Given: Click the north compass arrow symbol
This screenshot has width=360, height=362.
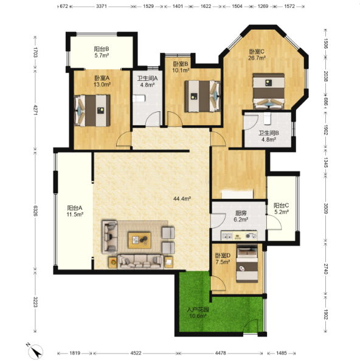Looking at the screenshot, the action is [35, 350].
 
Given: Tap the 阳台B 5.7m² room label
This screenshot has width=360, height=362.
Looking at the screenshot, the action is [102, 52].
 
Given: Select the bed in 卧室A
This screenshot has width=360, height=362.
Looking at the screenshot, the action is [92, 111].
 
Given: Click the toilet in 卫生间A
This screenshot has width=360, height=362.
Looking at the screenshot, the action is [139, 99].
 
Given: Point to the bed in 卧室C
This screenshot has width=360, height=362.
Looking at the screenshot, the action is [268, 91].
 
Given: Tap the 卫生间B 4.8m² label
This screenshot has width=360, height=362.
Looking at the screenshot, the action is [269, 136].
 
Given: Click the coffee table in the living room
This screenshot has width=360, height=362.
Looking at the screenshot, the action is [140, 240].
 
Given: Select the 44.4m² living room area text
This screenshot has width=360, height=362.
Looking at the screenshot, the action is [182, 198].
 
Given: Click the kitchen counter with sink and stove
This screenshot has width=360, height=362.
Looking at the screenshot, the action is [239, 235].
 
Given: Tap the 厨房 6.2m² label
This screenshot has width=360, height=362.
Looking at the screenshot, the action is [241, 216].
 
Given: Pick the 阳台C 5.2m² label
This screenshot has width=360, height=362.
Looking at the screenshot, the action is [282, 209].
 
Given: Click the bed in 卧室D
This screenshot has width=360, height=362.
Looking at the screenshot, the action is [247, 263].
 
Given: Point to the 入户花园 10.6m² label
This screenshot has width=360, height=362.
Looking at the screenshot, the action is [198, 313].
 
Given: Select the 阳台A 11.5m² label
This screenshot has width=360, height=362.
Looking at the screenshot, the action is [75, 211].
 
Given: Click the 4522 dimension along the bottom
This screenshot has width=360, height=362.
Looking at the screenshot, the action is [136, 353].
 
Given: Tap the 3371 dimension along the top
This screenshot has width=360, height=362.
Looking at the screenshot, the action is [102, 6].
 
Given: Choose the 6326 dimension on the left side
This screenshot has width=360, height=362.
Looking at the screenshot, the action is [35, 211].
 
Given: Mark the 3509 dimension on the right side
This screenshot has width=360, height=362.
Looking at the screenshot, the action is [325, 208].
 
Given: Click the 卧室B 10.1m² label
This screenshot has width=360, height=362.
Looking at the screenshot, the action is [181, 67].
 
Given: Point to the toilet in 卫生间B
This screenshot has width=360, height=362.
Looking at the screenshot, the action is [267, 119].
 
